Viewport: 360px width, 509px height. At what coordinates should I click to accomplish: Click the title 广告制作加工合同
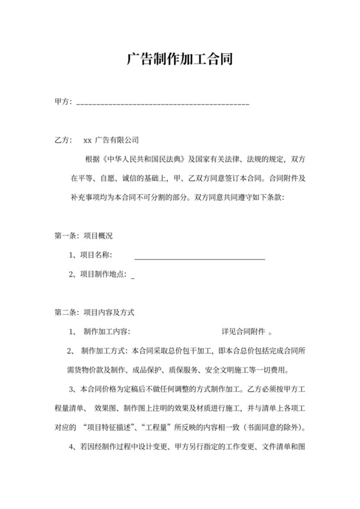(x=179, y=60)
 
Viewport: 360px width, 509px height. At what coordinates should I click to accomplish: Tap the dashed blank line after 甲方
(x=163, y=103)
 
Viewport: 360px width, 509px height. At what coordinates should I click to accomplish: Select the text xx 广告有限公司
(x=111, y=139)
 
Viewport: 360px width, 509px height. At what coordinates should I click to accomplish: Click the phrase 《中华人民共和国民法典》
(x=145, y=159)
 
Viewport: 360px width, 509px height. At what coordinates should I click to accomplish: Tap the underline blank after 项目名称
(x=199, y=257)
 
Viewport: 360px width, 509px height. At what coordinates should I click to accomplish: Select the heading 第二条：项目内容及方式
(x=93, y=313)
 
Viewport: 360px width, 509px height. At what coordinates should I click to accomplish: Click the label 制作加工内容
(x=106, y=332)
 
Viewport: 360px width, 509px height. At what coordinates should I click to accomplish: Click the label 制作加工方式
(x=104, y=352)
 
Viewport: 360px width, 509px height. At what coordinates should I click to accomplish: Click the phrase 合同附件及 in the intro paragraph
(x=287, y=178)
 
